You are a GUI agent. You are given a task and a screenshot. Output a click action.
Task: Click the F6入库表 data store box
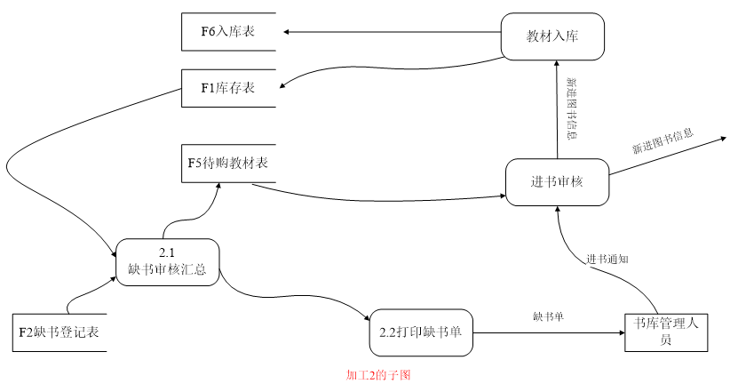coord(227,33)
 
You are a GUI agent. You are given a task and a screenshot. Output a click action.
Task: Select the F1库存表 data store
coord(227,87)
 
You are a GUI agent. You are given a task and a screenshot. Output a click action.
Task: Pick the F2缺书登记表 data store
coord(60,332)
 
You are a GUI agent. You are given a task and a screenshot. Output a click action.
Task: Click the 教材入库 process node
coord(552,36)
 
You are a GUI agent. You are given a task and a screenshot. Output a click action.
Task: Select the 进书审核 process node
coord(557,182)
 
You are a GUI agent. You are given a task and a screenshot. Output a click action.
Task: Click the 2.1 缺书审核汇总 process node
coord(167,262)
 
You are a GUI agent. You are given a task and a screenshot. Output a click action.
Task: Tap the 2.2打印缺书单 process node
coord(420,333)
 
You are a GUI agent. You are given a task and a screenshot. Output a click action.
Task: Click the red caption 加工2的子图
coord(378,375)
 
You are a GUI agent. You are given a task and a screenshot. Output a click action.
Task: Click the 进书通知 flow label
coord(607,260)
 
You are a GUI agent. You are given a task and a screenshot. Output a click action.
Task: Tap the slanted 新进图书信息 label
coord(663,141)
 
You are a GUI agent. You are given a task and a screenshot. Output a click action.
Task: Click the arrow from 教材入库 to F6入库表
coord(391,33)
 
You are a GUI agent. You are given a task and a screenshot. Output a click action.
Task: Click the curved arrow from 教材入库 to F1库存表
coord(391,68)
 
